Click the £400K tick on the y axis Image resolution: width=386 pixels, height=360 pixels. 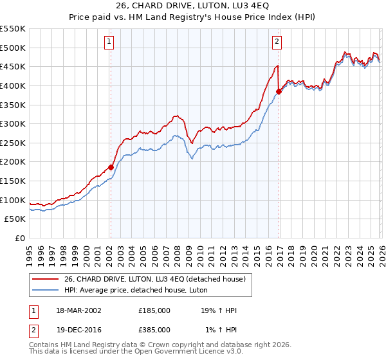click(x=13, y=85)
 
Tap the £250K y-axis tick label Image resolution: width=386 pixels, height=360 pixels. click(x=13, y=143)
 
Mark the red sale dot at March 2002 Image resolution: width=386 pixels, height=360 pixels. click(x=111, y=167)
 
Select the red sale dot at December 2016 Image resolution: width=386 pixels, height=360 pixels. click(x=279, y=91)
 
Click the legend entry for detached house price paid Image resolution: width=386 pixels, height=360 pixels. click(x=155, y=278)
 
